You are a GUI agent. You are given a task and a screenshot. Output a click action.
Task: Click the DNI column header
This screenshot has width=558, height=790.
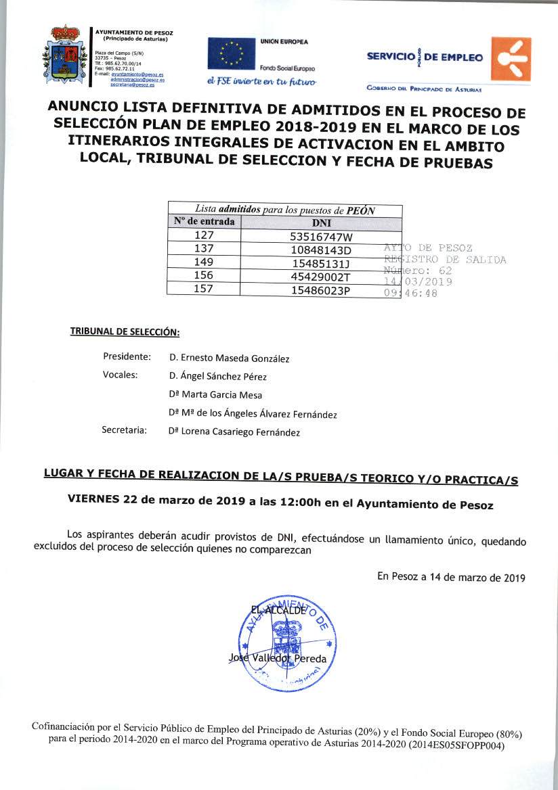[321, 222]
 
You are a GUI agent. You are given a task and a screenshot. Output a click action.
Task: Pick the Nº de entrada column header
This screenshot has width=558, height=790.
[204, 222]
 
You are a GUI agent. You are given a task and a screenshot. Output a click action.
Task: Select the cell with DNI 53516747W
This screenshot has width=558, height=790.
[321, 236]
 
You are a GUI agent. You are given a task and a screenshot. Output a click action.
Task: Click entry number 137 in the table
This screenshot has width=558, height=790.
[204, 249]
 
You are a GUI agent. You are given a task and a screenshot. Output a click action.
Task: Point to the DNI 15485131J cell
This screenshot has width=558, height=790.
[321, 262]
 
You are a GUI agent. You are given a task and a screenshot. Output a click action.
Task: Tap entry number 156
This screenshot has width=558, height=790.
[204, 276]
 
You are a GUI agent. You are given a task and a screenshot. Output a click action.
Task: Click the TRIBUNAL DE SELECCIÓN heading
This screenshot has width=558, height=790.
[125, 332]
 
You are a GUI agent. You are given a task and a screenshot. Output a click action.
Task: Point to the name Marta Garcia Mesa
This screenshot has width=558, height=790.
[215, 395]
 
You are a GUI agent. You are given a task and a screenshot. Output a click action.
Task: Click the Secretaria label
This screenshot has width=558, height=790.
[124, 430]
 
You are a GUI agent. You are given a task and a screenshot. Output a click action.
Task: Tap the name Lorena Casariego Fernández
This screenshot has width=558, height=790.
[234, 432]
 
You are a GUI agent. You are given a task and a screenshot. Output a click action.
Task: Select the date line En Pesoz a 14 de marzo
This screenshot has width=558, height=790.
[451, 578]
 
